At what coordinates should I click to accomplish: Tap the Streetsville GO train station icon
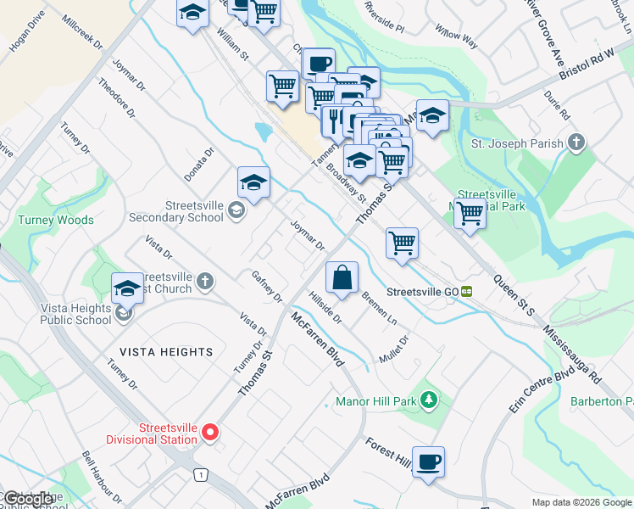point(467,291)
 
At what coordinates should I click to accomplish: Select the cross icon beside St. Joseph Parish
point(576,143)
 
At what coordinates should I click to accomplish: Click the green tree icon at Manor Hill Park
point(430,400)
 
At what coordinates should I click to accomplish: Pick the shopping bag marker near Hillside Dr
point(342,278)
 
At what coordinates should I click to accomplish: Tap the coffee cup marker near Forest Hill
point(429,462)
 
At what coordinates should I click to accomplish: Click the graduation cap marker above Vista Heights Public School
point(127,288)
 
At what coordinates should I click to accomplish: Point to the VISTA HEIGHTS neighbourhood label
point(166,351)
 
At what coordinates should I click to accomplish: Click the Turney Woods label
point(56,220)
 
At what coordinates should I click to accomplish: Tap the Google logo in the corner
point(28,499)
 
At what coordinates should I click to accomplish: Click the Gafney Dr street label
point(267,286)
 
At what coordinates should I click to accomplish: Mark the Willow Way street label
point(456,39)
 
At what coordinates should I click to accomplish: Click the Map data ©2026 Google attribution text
point(581,502)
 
